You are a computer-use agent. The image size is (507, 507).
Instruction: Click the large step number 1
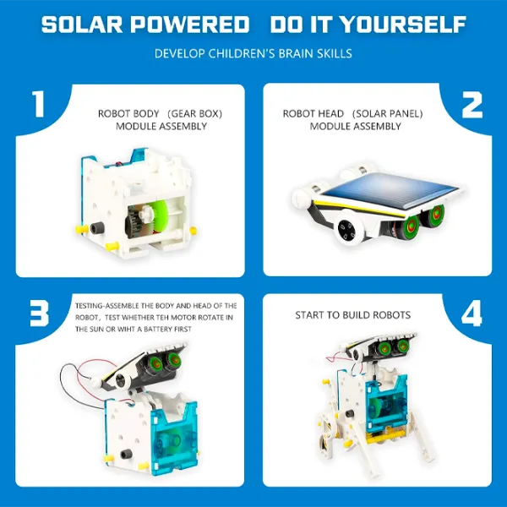tap(37, 105)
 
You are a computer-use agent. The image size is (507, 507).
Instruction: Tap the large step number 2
tap(471, 105)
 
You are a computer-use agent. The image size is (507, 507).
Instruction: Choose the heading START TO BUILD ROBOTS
tap(352, 315)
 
